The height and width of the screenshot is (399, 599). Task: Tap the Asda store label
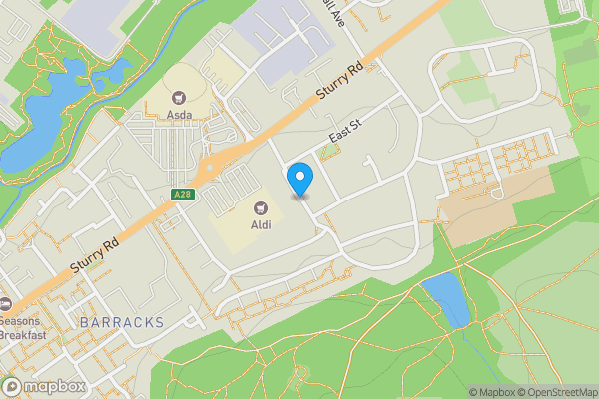coord(180,114)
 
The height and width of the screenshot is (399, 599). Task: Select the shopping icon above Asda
coord(180,97)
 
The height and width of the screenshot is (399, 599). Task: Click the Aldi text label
coord(262,225)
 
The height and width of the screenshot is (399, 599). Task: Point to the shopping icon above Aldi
coord(262,208)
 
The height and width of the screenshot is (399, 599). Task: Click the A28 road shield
coord(181,195)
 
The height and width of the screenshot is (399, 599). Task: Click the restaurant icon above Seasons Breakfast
coord(5,304)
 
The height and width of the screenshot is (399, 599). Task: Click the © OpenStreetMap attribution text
coord(556,392)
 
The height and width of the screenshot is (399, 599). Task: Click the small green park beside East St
coord(331,153)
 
